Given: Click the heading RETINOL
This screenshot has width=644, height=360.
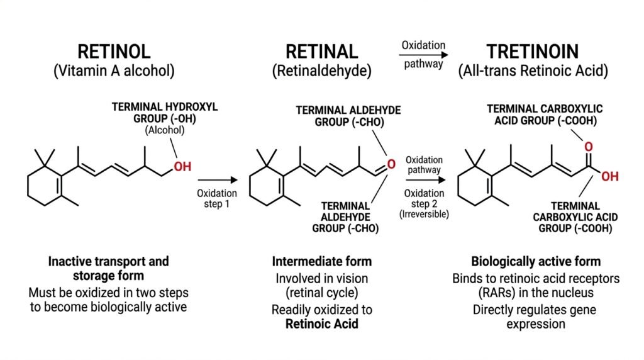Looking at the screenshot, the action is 114,52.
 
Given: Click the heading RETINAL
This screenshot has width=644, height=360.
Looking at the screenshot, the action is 321,52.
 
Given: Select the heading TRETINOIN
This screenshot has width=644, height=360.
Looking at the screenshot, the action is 533,52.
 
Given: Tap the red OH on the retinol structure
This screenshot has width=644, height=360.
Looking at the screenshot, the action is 182,166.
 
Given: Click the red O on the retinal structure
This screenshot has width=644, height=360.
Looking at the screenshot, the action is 391,164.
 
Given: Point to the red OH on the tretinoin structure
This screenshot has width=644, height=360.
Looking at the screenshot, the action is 610,177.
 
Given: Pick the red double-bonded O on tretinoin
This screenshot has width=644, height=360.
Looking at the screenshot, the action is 589,147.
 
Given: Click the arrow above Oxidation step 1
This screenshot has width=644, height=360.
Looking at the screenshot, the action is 218,179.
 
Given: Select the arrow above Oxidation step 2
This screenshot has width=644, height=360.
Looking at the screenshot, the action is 426,179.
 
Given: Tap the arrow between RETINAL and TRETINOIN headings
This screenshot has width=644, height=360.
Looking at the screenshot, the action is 423,55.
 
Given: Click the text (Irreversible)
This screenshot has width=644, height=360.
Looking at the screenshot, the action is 425,214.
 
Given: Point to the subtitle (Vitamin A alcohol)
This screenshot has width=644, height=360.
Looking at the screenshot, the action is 114,70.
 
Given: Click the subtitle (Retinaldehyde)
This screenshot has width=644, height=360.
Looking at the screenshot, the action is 321,70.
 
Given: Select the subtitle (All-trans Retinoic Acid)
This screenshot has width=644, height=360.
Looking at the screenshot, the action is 533,70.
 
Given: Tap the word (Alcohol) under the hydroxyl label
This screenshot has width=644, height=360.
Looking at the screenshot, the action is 165,130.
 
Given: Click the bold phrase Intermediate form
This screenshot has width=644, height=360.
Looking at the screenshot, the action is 321,261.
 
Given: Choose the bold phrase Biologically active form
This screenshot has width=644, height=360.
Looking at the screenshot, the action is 536,261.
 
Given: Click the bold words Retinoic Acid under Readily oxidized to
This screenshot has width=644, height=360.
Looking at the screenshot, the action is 321,324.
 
